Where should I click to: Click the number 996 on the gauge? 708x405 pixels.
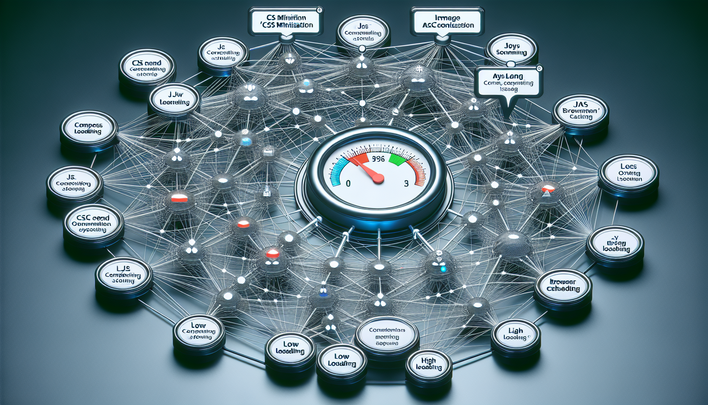pos(378,159)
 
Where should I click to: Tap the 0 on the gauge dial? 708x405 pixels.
pos(348,184)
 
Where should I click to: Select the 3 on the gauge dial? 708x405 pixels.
pos(406,184)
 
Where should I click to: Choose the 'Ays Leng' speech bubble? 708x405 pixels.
pos(508,82)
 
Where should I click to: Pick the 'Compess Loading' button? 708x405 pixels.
pos(88,128)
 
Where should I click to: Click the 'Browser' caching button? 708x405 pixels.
pos(563,285)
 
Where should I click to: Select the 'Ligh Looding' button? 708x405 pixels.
pos(516,334)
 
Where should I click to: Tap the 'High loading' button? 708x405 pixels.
pos(429,364)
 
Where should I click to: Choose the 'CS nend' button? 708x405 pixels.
pos(147,68)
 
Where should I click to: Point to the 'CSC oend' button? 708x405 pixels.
pos(93,223)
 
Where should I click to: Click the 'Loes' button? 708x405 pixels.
pos(629,173)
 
